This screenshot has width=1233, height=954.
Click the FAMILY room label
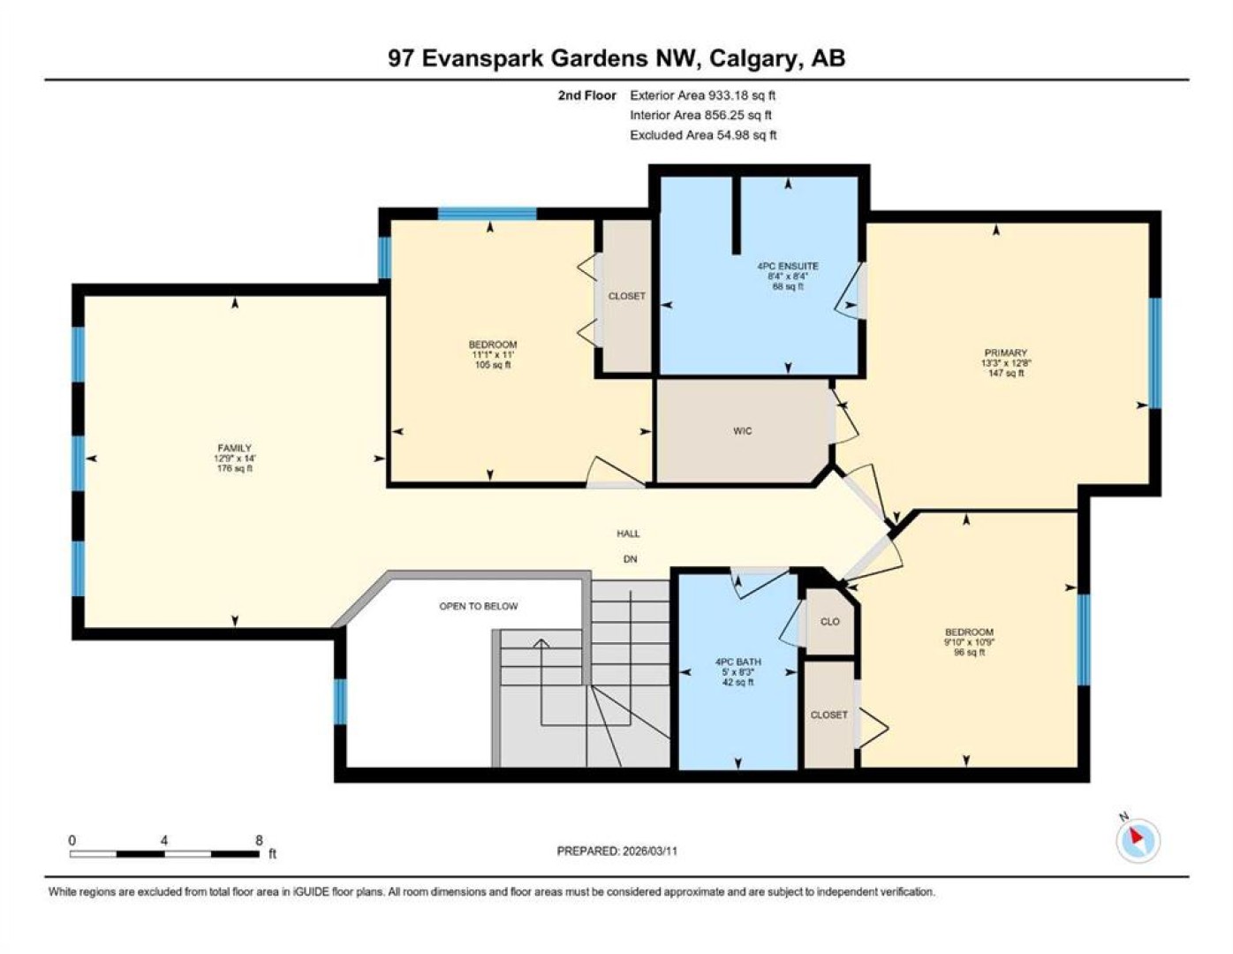pos(234,448)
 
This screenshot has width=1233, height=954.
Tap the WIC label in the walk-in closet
pos(742,431)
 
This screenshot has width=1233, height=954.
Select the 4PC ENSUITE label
pos(788,266)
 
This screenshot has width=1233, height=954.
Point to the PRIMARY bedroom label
pos(1006,352)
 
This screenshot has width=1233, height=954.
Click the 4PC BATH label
pos(738,662)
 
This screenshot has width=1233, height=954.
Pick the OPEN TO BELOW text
pos(479,606)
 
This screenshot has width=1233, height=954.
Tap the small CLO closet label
pos(829,622)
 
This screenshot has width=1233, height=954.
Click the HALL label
pos(628,534)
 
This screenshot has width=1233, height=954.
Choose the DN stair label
pos(631,559)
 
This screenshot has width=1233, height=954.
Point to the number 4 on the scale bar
pos(164,840)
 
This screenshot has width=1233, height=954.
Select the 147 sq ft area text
pos(1006,373)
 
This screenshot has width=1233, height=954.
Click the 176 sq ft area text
pos(234,468)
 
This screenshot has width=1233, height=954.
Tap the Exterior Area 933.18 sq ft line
pos(702,95)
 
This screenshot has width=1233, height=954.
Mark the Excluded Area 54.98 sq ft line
pos(703,135)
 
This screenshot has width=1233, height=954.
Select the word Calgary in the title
pos(752,59)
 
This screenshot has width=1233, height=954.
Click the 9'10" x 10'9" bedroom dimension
pos(969,642)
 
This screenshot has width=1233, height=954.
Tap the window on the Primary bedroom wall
pos(1154,353)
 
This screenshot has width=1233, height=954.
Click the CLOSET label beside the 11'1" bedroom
pos(626,296)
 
